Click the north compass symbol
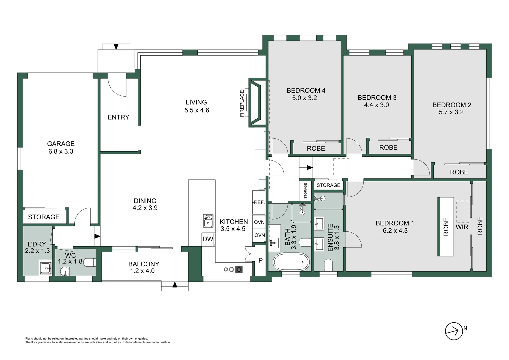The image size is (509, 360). (x=454, y=331)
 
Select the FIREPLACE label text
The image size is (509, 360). (x=242, y=103)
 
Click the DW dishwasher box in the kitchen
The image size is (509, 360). (x=208, y=239)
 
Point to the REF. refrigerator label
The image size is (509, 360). (x=259, y=202)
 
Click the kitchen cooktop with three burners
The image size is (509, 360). (x=232, y=269)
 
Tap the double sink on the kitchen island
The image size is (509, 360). (x=208, y=221)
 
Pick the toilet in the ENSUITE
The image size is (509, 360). (x=328, y=265)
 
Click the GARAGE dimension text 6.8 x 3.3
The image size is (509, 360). (x=60, y=151)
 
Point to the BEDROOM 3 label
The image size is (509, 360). (x=377, y=98)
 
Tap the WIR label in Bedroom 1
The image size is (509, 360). (x=462, y=227)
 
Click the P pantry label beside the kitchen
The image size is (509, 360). (x=260, y=260)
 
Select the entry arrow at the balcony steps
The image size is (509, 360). (x=175, y=285)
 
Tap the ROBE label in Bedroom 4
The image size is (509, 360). (x=316, y=148)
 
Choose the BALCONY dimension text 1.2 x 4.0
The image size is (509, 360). (x=143, y=271)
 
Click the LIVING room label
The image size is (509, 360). (x=196, y=102)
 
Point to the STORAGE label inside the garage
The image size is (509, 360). (x=44, y=217)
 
